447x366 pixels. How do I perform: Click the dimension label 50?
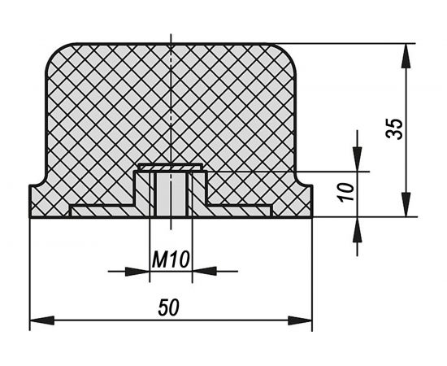tap(169, 307)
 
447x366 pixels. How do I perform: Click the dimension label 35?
tap(394, 129)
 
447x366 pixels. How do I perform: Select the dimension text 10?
tap(347, 192)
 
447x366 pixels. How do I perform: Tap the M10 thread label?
tap(171, 259)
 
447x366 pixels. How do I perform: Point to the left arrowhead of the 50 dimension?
tap(41, 320)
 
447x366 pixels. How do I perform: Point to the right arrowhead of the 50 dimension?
tap(300, 320)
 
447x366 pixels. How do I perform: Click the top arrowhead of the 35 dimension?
tap(406, 56)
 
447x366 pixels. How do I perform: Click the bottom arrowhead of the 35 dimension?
tap(406, 204)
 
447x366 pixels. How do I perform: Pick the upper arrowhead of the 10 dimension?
tap(358, 159)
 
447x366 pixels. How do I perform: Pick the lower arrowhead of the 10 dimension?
tap(358, 229)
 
